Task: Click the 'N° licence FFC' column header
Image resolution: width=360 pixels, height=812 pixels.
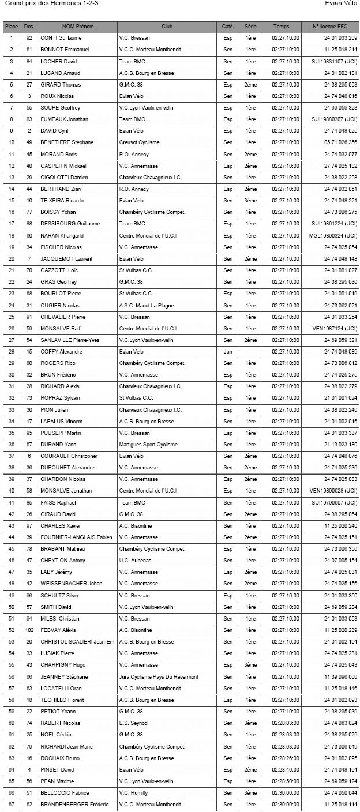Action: click(x=330, y=27)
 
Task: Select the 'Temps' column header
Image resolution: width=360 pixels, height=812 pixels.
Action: click(x=282, y=27)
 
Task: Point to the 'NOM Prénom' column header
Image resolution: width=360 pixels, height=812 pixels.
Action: click(x=78, y=27)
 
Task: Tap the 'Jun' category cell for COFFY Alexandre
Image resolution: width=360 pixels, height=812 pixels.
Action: click(x=228, y=352)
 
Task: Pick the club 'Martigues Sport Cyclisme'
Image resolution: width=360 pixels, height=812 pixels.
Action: click(x=148, y=445)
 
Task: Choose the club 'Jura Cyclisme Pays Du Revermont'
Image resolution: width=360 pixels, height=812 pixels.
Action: click(x=159, y=676)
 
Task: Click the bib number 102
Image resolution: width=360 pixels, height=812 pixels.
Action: click(x=29, y=630)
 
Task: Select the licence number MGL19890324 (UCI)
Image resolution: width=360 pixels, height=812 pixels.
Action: click(x=333, y=235)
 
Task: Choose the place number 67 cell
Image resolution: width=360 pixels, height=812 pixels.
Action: click(x=12, y=805)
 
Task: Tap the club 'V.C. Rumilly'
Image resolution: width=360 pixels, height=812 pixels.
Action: click(x=134, y=793)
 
